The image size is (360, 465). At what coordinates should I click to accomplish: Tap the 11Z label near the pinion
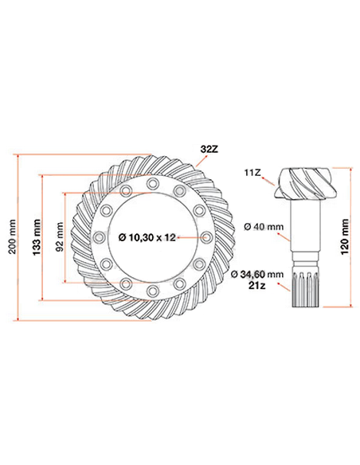click(253, 170)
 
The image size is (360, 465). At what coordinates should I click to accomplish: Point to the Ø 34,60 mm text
click(256, 274)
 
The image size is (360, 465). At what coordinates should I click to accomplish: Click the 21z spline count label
click(256, 285)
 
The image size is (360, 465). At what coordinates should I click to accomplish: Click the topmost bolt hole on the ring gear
click(152, 185)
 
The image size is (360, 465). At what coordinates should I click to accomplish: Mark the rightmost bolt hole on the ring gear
click(206, 236)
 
